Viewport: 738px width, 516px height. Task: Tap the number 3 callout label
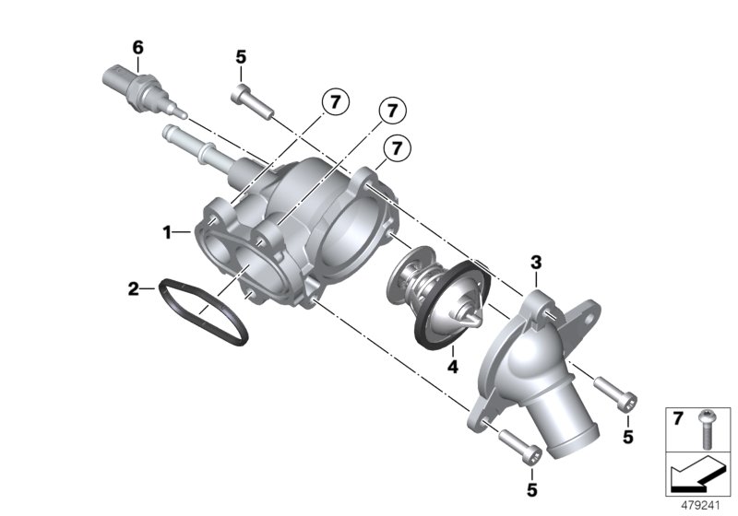[535, 264]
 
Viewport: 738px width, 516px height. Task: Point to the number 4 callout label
[452, 366]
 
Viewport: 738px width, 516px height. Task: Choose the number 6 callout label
[137, 46]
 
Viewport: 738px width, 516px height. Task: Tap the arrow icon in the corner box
[697, 476]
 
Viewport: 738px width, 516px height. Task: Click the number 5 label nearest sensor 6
[241, 57]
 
